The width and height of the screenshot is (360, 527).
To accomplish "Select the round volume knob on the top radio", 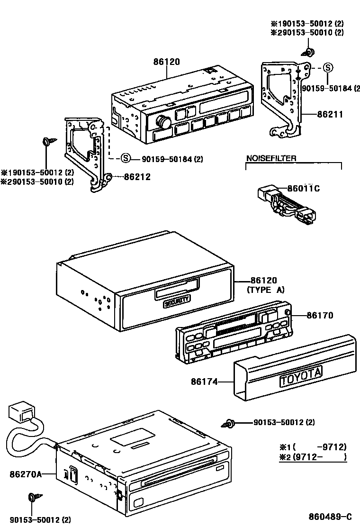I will (164, 121).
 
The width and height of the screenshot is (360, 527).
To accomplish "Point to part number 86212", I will (137, 177).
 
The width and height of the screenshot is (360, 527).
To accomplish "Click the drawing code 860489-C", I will (330, 517).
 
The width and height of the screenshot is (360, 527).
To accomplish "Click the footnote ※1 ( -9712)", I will (313, 446).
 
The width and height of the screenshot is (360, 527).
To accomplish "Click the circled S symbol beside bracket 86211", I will (328, 68).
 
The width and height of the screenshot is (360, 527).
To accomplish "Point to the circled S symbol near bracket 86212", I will (125, 159).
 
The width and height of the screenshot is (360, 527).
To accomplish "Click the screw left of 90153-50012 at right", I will (230, 423).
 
